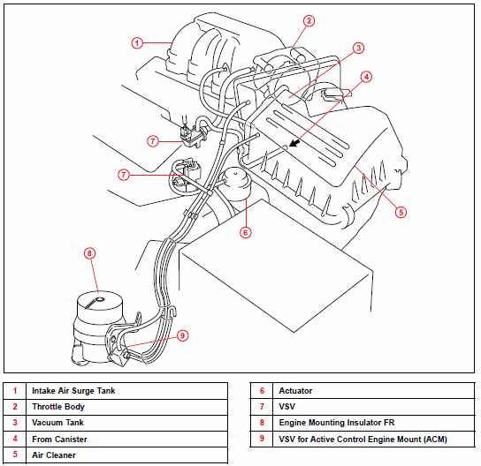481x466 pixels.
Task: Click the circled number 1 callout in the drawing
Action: [x=137, y=43]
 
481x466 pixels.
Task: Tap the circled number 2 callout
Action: [x=309, y=21]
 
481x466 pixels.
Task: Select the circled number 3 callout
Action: [x=358, y=48]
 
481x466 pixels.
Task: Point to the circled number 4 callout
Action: [x=366, y=77]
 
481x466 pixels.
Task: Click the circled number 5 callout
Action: [x=401, y=212]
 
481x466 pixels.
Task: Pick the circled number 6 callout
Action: [x=246, y=233]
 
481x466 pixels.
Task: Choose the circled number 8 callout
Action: [x=89, y=253]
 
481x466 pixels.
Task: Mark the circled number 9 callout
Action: [x=182, y=335]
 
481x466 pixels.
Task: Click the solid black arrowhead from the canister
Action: [x=294, y=143]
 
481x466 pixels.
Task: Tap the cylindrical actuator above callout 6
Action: [x=236, y=184]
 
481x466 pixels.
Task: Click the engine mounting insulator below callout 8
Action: [x=98, y=327]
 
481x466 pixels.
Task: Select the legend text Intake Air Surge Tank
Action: [x=73, y=391]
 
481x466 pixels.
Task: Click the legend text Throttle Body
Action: [x=58, y=407]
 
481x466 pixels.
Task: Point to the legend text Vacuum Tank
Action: [x=58, y=423]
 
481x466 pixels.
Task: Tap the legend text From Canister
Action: [x=59, y=440]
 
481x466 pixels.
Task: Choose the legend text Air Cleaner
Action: [x=54, y=455]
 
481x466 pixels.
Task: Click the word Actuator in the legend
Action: [x=295, y=391]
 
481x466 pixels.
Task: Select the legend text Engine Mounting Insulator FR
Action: [x=337, y=423]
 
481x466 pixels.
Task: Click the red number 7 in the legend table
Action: [x=262, y=407]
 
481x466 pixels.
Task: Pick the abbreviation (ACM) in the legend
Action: [x=435, y=440]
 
